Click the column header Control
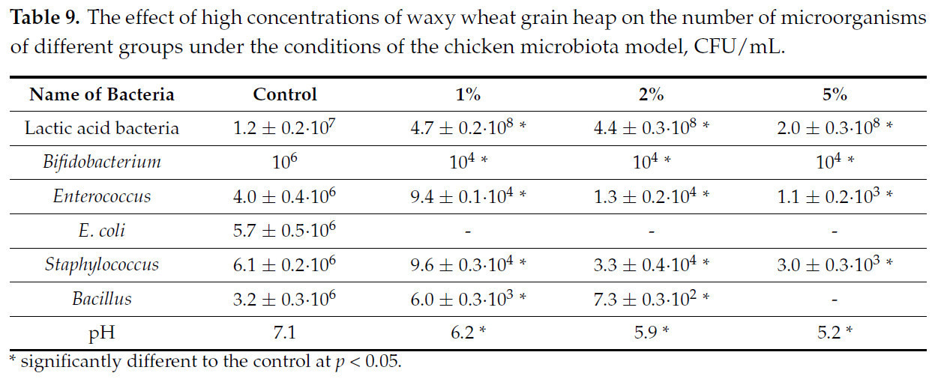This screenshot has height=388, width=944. point(285,94)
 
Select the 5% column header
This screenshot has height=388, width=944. point(835,94)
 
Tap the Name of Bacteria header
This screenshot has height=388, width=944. point(101,94)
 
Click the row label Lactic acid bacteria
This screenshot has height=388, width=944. point(102,128)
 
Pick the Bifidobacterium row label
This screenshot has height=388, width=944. point(102,162)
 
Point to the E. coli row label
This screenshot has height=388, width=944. point(102,230)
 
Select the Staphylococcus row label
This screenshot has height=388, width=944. point(102,264)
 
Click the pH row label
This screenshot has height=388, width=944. point(102,333)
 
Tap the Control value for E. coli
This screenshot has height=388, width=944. point(285,230)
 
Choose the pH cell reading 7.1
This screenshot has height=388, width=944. point(285,333)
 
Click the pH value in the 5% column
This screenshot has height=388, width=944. point(835,333)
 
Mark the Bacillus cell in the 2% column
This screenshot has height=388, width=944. point(651,298)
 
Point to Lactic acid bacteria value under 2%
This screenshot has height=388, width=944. point(651,128)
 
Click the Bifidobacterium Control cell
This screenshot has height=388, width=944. point(285,162)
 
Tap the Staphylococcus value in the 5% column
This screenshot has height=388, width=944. point(835,264)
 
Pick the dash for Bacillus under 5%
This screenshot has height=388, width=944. point(835,299)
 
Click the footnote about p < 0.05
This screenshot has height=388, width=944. point(205,363)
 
